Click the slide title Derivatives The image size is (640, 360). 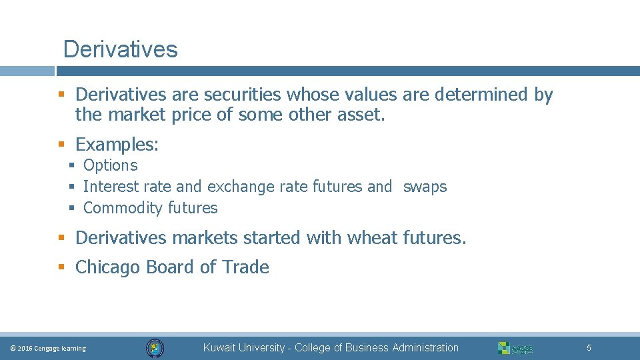coord(120,49)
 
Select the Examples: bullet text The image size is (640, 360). coord(117,144)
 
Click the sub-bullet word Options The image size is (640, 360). coord(110,165)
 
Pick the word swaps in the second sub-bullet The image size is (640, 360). coord(425,187)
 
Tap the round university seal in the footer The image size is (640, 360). coord(155,348)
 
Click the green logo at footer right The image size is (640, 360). coord(515,348)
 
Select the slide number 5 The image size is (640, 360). coord(589,348)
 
